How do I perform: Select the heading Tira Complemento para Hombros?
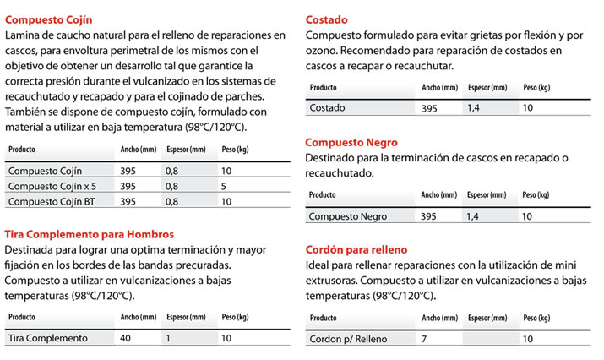coord(90,233)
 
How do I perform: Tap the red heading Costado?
coord(326,19)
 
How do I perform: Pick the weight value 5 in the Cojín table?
coord(224,186)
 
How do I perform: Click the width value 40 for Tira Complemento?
coord(127,338)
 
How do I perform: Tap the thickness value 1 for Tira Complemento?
coord(168,338)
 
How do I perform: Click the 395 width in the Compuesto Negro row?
coord(430,216)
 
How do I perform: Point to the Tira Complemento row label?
coord(47,338)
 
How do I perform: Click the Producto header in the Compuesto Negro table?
coord(323,195)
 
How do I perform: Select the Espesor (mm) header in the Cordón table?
coord(488,318)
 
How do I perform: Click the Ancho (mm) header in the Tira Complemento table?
coord(139,317)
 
